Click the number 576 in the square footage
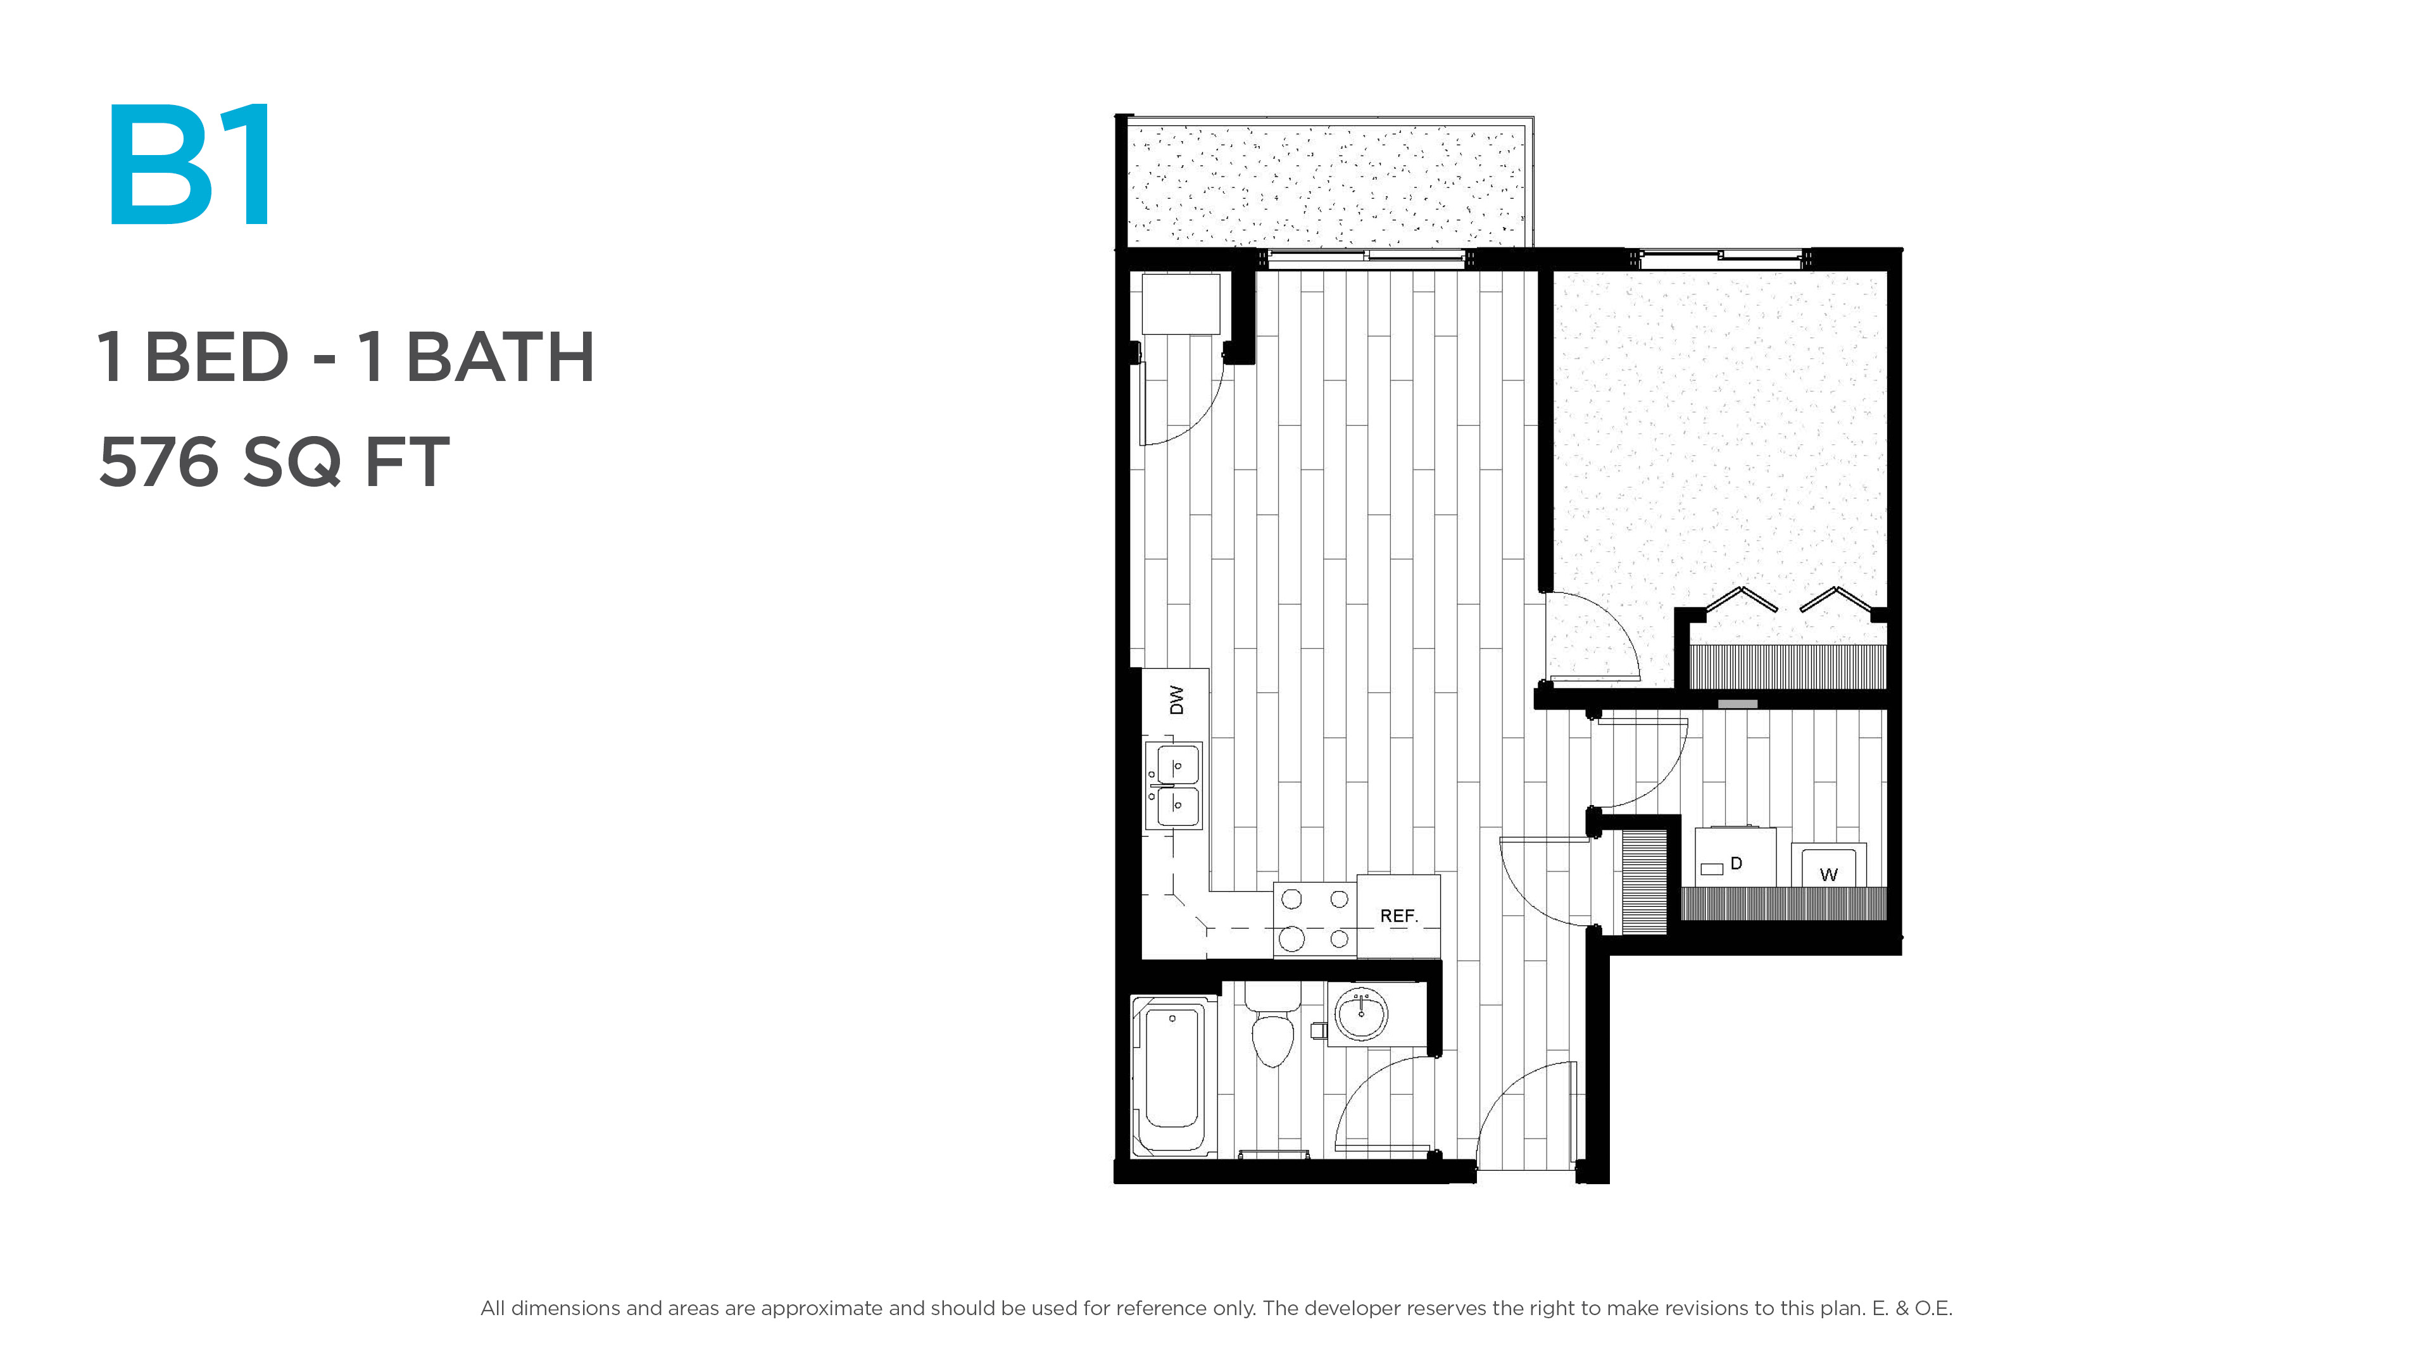[158, 462]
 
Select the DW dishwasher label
[1176, 700]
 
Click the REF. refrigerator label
[1398, 916]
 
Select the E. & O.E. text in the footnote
[1912, 1309]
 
